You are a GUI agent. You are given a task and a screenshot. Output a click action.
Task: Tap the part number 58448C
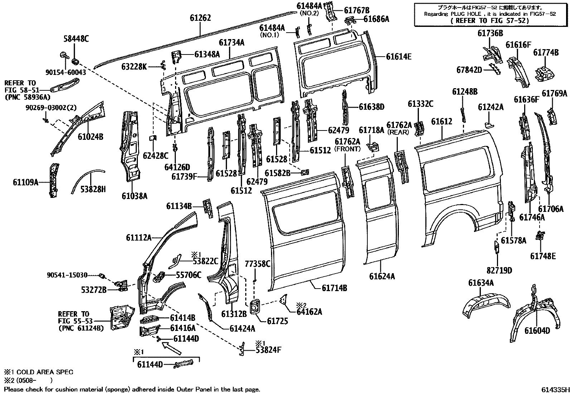pos(76,39)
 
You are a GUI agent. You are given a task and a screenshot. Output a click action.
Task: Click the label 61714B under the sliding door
pos(334,288)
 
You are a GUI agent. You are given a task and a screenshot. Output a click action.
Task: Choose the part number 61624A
pos(382,276)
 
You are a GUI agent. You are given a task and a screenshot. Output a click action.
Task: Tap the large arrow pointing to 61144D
pos(172,348)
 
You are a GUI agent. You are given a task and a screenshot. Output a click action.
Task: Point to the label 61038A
pos(134,196)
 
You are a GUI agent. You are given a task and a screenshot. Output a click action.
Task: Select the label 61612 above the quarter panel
pos(441,121)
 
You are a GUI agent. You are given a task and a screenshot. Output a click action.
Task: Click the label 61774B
pos(546,52)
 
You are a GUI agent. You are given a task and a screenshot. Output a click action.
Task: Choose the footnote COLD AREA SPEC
pos(45,372)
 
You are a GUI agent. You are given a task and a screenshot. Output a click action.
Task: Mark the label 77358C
pos(257,264)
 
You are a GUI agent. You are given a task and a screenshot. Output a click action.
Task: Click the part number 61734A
pos(232,43)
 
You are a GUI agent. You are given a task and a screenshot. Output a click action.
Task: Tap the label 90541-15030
pos(67,275)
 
